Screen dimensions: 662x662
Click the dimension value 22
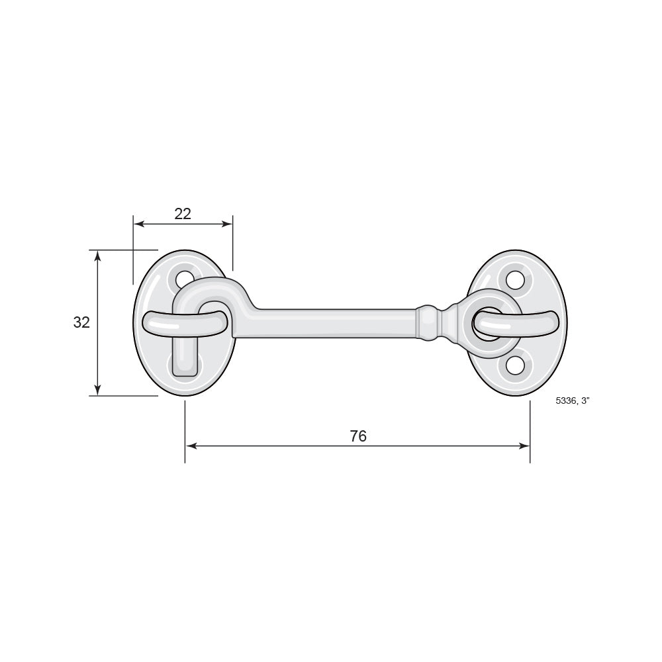pos(183,214)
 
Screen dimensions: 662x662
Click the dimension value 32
pos(81,322)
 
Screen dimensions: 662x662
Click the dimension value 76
pos(358,436)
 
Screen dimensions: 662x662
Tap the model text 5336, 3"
pos(572,401)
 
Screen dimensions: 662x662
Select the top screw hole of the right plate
pos(514,279)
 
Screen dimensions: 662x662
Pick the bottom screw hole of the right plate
pos(514,365)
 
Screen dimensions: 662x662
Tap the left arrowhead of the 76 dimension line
pos(191,446)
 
